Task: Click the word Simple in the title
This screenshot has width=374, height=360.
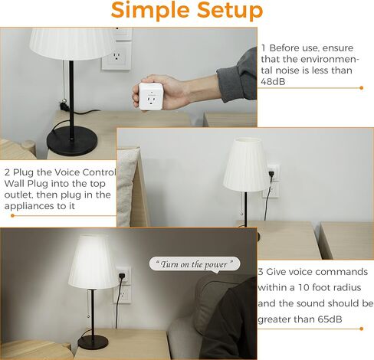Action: coord(151,11)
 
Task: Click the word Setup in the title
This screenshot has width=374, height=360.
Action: coord(230,11)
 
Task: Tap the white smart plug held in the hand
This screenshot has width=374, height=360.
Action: coord(150,97)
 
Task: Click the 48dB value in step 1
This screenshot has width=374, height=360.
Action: coord(273,81)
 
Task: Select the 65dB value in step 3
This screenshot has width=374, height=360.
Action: coord(330,319)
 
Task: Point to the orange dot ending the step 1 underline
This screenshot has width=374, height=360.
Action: coord(361,88)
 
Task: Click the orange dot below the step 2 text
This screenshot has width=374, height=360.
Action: coord(13,215)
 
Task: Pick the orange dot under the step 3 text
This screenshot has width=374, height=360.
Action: coord(361,329)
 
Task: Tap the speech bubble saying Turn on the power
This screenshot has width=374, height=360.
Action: coord(195,264)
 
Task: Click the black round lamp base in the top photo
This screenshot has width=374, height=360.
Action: coord(72,141)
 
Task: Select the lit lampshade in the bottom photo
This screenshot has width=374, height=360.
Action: coord(93,262)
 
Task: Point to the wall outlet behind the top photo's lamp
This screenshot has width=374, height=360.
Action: coord(116,57)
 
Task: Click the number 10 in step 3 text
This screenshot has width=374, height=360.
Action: coord(303,287)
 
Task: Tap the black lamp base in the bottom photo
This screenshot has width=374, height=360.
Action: coord(93,342)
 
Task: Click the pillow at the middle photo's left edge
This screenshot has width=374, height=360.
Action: coord(128,187)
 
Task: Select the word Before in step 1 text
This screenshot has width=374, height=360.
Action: coord(284,48)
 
